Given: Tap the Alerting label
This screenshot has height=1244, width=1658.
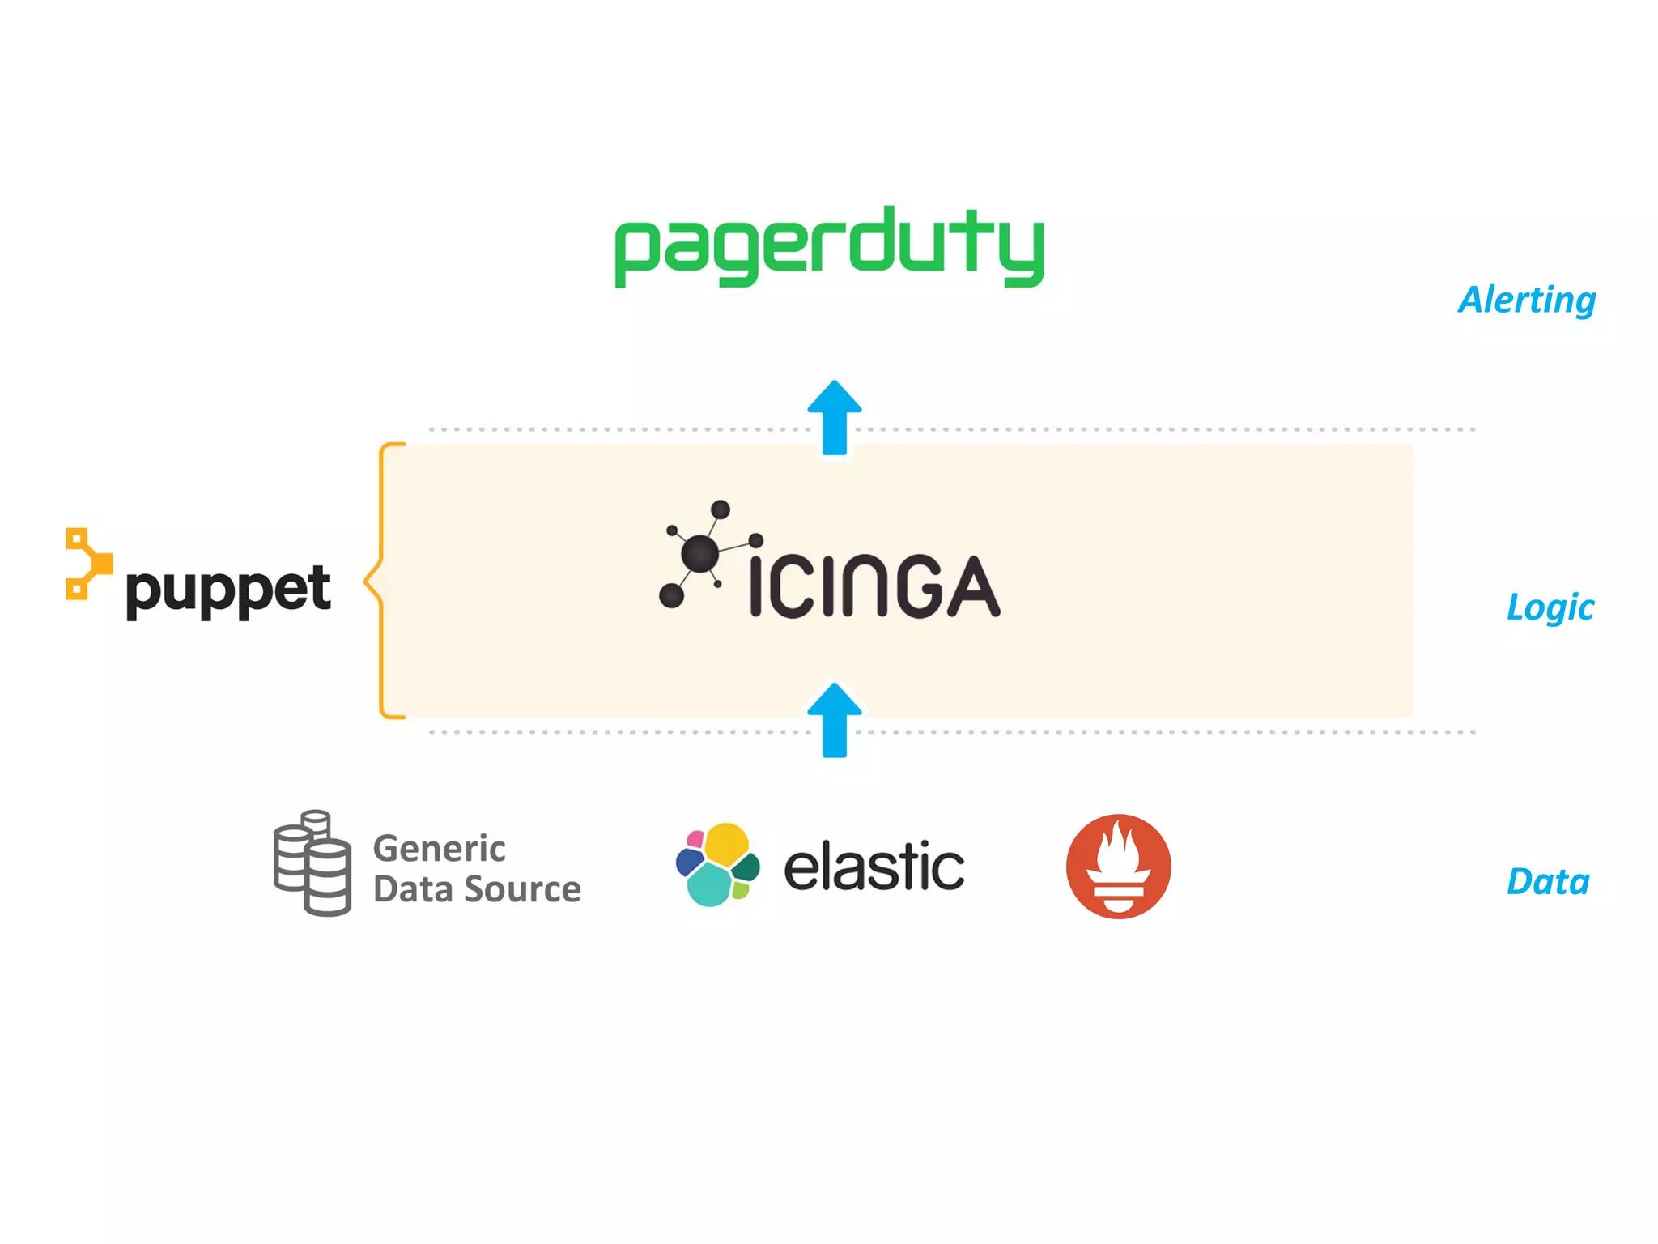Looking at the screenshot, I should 1527,300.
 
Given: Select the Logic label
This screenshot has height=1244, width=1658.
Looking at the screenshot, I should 1550,607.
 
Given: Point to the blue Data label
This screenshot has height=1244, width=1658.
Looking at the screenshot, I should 1548,882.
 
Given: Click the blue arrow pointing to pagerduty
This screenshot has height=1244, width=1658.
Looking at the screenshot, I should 835,417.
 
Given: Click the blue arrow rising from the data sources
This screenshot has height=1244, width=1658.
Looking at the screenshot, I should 835,720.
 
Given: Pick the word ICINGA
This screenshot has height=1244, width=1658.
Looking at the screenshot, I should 874,586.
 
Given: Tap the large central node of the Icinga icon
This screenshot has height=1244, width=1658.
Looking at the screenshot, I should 699,555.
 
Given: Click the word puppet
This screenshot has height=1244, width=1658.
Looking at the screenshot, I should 228,590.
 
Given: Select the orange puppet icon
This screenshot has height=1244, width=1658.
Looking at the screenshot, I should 87,564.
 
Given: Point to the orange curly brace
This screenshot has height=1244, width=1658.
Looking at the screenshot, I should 381,581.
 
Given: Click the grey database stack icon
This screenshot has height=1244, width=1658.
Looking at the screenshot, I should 312,863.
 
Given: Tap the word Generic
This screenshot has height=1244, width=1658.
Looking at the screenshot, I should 439,849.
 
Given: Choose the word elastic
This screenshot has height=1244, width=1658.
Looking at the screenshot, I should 874,867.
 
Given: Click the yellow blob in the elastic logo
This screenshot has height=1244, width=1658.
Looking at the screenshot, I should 726,844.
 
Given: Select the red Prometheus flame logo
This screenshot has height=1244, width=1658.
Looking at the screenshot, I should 1118,866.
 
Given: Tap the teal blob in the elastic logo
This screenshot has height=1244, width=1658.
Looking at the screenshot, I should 709,885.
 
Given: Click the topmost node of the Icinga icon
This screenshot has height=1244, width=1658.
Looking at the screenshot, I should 720,509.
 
